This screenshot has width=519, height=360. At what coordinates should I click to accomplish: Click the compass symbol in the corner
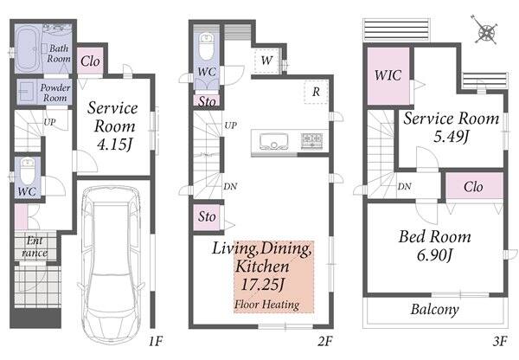[484, 33]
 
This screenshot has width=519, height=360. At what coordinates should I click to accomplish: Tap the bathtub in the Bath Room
[28, 49]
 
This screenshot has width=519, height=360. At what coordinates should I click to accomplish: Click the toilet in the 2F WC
[207, 47]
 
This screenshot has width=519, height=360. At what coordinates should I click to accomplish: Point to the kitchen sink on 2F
[273, 142]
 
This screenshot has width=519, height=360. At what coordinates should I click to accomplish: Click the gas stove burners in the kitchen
[311, 140]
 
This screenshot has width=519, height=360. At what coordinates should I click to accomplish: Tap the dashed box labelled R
[316, 92]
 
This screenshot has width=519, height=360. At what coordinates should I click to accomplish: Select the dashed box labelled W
[267, 61]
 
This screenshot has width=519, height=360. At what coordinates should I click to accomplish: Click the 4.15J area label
[115, 145]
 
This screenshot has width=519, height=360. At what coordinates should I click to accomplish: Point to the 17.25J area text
[262, 284]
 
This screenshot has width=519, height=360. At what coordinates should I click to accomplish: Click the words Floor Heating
[266, 305]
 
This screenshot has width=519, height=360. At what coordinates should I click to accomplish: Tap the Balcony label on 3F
[434, 310]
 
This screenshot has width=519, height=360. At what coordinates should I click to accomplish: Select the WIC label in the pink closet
[388, 75]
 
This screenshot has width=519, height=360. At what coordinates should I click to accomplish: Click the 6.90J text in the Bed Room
[434, 255]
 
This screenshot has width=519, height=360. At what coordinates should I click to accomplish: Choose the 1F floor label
[155, 341]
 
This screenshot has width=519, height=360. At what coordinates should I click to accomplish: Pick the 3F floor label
[499, 341]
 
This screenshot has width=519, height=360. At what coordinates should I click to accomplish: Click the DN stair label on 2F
[230, 186]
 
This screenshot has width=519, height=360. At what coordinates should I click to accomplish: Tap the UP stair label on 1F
[49, 122]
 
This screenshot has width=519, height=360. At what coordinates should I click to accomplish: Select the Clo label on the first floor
[90, 61]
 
